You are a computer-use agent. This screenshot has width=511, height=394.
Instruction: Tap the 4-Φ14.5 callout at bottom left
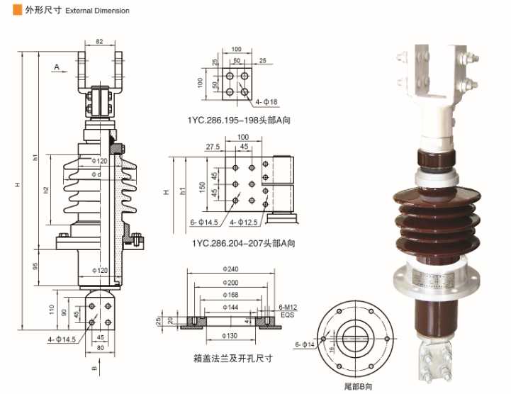[x=62, y=340]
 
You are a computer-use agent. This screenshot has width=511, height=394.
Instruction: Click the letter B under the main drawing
[x=93, y=368]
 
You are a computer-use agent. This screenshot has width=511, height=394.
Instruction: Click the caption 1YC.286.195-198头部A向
[x=239, y=120]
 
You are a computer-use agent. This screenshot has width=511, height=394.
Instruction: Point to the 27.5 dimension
[x=212, y=146]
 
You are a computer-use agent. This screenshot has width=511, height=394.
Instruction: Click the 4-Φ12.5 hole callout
[x=245, y=222]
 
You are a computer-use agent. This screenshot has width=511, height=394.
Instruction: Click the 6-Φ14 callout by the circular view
[x=305, y=344]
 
